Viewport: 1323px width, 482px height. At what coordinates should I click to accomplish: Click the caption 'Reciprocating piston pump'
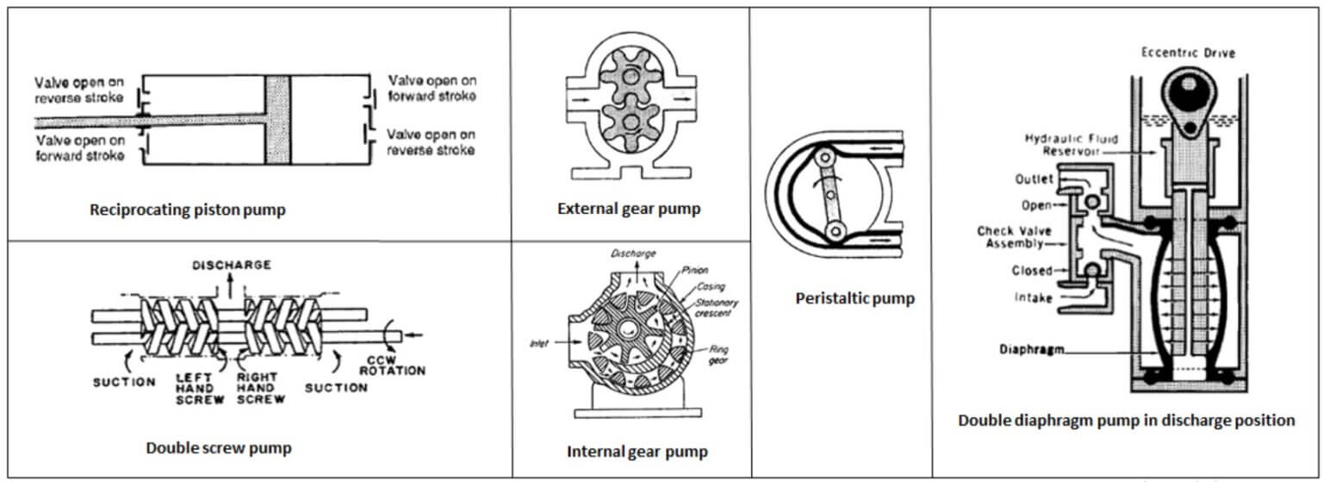click(187, 210)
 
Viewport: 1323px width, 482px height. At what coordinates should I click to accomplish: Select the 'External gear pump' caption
click(629, 208)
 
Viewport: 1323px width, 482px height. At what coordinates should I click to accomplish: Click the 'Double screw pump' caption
click(218, 448)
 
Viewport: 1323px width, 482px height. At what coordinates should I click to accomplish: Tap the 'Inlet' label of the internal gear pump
click(540, 343)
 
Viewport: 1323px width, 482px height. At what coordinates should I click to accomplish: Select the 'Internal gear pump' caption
click(637, 451)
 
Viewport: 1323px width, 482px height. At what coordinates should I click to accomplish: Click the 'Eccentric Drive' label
click(1188, 53)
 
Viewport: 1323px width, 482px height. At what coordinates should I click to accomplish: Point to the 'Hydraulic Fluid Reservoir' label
click(1067, 144)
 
